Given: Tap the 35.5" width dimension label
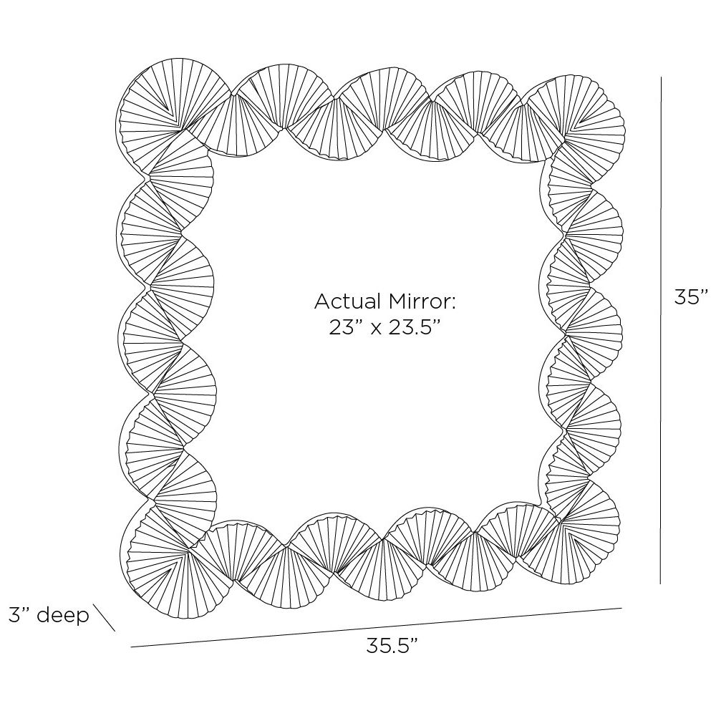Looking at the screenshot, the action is (x=392, y=646).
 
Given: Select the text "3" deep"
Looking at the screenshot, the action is (x=49, y=615).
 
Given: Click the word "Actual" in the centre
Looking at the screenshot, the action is (x=348, y=301).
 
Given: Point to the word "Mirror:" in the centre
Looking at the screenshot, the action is (x=422, y=301).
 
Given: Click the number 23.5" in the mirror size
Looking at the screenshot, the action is (x=415, y=327).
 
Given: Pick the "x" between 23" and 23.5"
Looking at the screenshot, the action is (x=375, y=329).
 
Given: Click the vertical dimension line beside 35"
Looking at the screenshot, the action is (x=661, y=330).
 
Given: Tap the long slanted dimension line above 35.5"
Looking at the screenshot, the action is (x=377, y=627).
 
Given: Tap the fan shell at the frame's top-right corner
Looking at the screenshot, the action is (x=576, y=115).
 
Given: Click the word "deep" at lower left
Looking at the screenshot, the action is (x=63, y=616).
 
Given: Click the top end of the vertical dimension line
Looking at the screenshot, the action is (x=661, y=77).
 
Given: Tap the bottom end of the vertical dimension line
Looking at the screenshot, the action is (x=661, y=584).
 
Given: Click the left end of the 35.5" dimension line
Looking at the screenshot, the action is (x=131, y=647).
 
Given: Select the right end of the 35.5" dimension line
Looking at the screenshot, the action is (x=622, y=608).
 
